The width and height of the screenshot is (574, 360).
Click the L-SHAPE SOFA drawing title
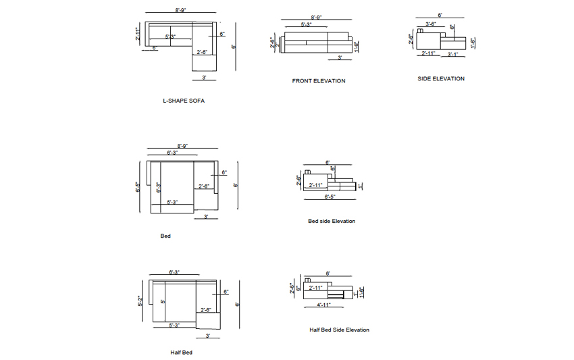tap(184, 101)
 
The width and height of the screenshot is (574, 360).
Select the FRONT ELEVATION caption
tap(319, 81)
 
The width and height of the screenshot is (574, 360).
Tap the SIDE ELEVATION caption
tap(441, 79)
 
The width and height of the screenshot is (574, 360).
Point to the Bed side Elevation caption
tap(332, 221)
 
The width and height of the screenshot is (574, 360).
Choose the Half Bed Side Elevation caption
tap(340, 330)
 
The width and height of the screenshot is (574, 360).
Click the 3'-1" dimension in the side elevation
tap(453, 54)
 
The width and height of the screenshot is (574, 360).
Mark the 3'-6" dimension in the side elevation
tap(431, 24)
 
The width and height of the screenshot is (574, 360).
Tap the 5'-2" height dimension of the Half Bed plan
tap(139, 301)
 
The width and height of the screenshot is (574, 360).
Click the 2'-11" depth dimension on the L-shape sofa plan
tap(138, 34)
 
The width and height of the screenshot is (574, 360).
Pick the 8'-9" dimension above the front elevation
tap(317, 17)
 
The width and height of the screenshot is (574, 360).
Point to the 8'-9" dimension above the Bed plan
tap(182, 145)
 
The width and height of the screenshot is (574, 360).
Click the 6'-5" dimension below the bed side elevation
tap(330, 197)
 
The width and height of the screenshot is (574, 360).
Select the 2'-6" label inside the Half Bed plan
tap(206, 311)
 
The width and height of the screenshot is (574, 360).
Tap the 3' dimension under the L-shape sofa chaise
tap(204, 78)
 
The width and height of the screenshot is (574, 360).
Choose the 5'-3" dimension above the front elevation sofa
tap(306, 24)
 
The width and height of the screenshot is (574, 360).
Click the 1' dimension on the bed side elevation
tap(362, 185)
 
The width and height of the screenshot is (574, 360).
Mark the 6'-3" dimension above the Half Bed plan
tap(174, 272)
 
